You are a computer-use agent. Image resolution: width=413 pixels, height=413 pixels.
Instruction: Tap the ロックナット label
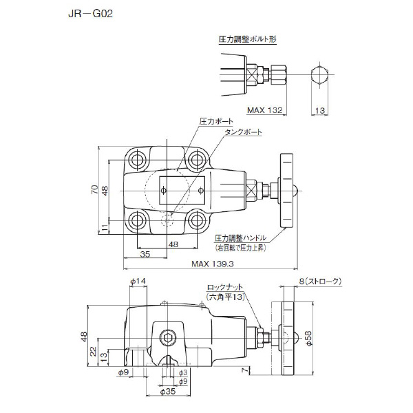click(x=224, y=287)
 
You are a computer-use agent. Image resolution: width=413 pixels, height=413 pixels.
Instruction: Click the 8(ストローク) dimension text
click(x=321, y=282)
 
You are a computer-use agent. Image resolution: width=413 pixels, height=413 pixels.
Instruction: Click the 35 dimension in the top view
click(x=145, y=254)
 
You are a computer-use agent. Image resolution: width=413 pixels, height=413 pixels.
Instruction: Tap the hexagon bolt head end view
click(x=319, y=76)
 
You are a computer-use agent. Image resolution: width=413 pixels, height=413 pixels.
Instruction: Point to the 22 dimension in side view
click(x=93, y=352)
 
